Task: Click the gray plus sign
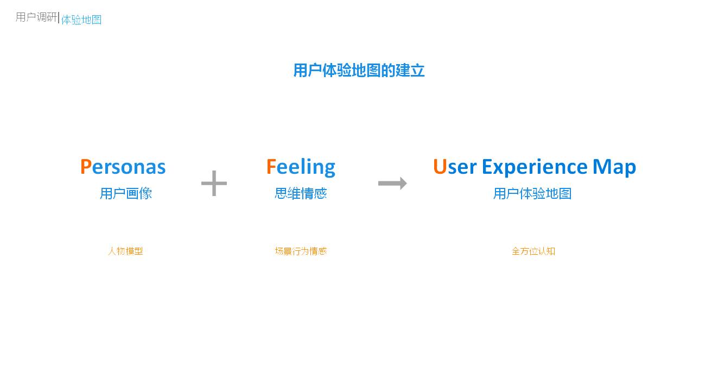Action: pos(214,183)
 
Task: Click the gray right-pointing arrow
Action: pos(392,183)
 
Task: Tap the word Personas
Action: pos(123,167)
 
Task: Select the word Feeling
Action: pos(301,167)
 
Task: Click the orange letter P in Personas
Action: pos(86,167)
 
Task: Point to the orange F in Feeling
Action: pos(271,167)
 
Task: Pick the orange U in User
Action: pos(440,167)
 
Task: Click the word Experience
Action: pos(535,167)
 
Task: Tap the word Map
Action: pos(614,167)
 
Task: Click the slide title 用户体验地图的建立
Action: pos(359,71)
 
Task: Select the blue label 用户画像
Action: pos(126,193)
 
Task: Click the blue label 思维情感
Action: pos(301,193)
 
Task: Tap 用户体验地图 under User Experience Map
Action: pos(532,193)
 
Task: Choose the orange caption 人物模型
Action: pos(125,251)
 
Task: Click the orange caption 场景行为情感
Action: pos(301,251)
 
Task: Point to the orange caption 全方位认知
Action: pos(533,251)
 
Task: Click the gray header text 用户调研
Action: pos(36,17)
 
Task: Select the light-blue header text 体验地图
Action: pos(81,20)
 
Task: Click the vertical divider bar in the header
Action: pos(59,17)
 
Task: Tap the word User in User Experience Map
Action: pos(455,167)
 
